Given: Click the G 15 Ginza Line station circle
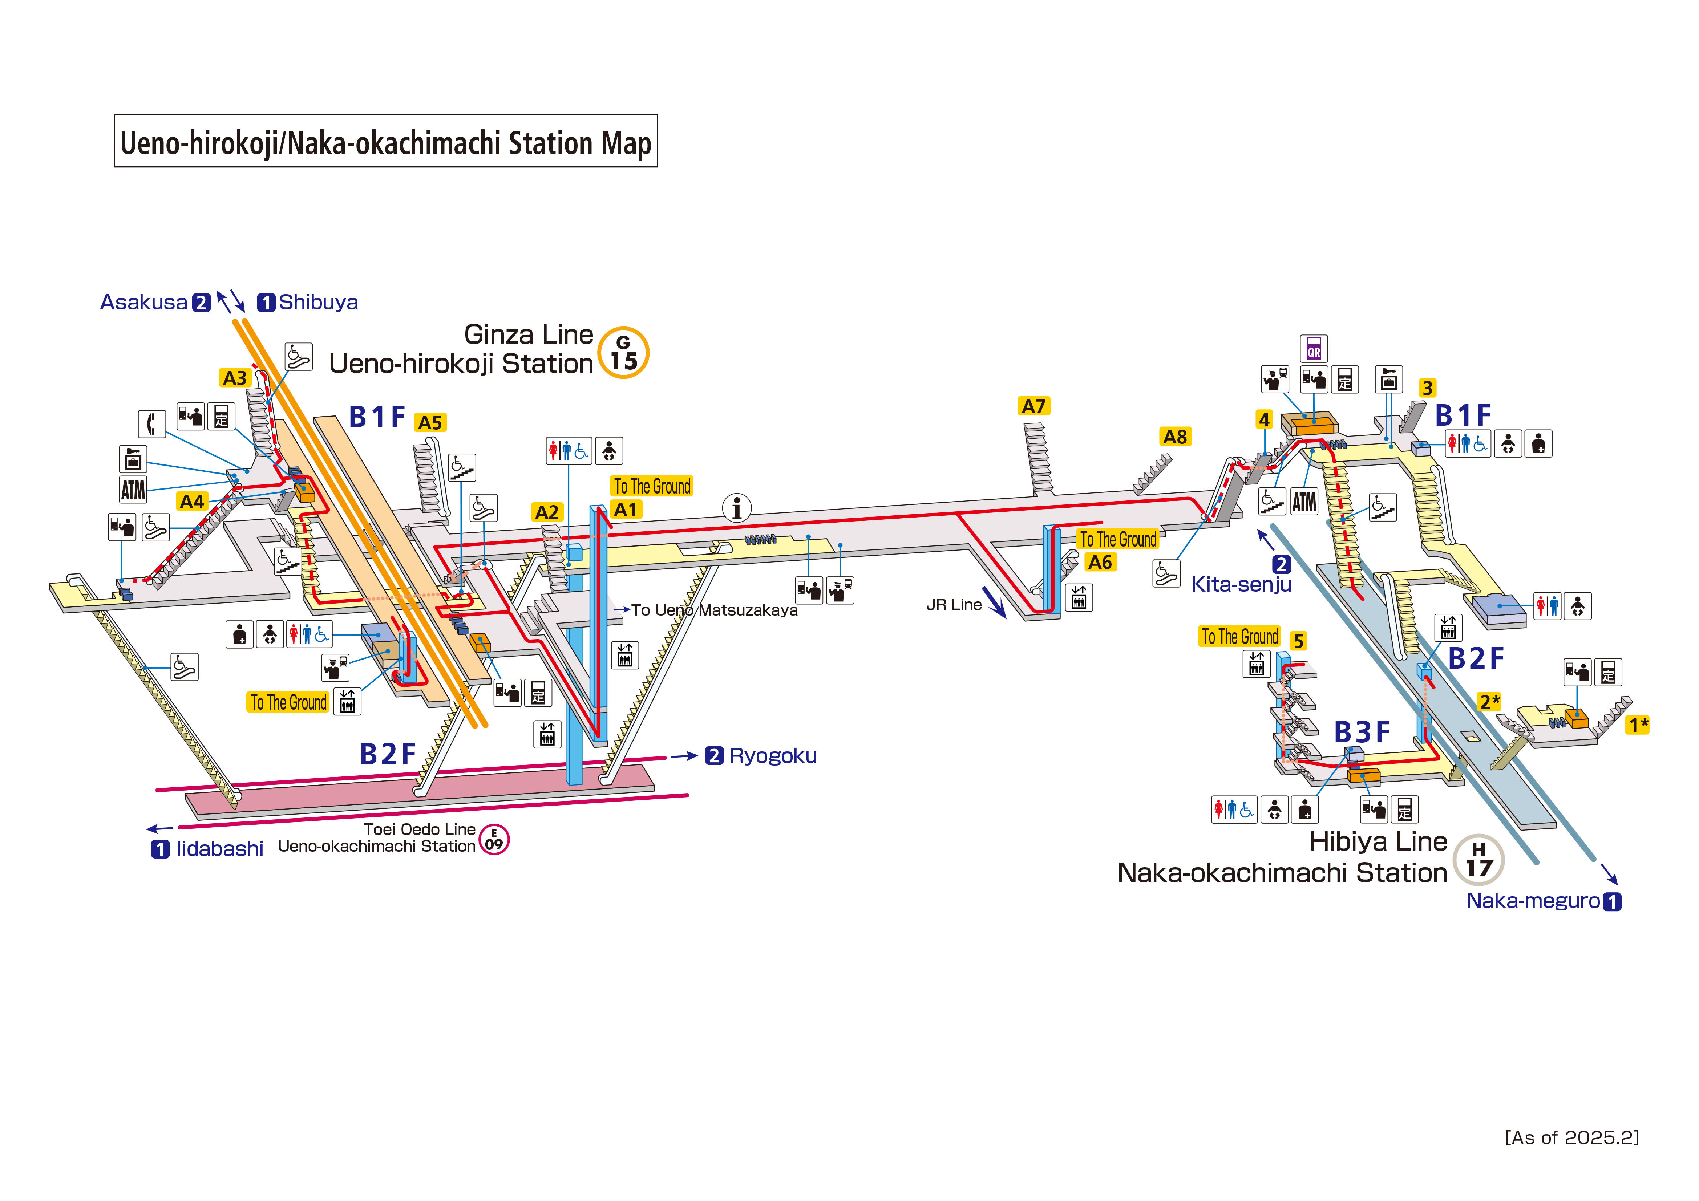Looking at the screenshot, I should (623, 353).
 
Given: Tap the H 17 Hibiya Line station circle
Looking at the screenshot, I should (1478, 860).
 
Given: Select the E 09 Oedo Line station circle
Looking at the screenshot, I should (494, 840).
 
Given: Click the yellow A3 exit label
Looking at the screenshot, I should (235, 378).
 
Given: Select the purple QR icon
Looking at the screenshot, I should (1314, 349).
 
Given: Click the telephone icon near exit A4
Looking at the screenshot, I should (152, 424).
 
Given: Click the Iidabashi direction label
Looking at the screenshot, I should (219, 849).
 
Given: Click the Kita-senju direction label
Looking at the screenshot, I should (1241, 585).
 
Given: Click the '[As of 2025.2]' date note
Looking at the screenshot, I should (1572, 1137).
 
